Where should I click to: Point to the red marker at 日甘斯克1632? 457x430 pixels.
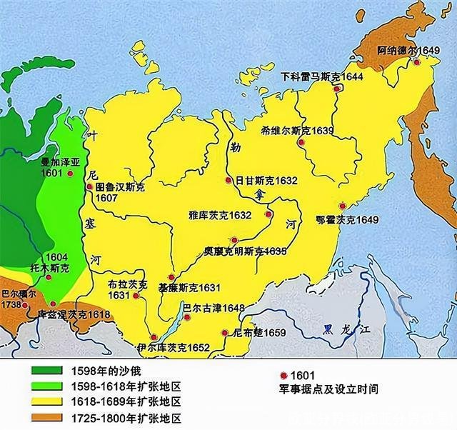[x=228, y=180]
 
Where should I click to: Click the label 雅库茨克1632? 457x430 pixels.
[x=220, y=214]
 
